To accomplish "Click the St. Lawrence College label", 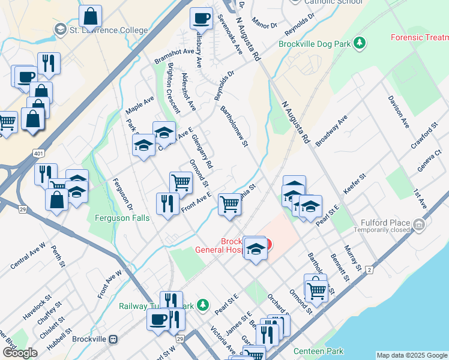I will coord(107,30).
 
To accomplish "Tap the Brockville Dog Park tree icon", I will coord(360,42).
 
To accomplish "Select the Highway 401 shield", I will coord(38,154).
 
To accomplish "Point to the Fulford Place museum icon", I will coord(419,225).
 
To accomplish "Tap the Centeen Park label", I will coord(318,351).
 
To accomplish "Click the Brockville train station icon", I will coord(112,339).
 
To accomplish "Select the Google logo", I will coord(20,353).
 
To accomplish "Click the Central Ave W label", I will coord(28,255).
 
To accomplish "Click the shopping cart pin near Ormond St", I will coord(181,182).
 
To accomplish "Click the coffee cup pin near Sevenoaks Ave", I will coord(201,18).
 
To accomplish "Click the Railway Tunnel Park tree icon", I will coord(204,305).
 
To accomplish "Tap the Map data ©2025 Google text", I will coord(411,355).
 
